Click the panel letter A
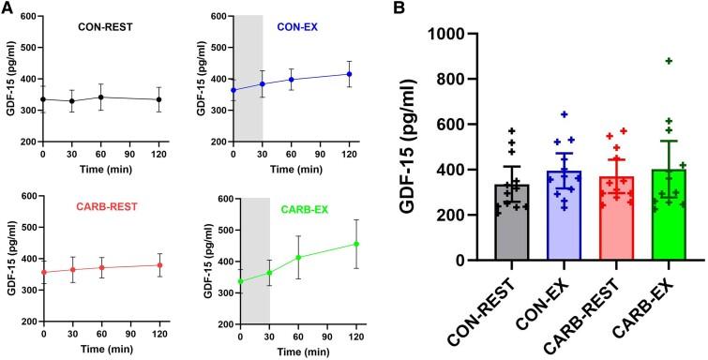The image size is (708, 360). click(8, 8)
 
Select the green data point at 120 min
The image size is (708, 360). click(356, 245)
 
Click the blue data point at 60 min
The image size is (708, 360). click(292, 80)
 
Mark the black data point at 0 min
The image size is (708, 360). click(43, 98)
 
